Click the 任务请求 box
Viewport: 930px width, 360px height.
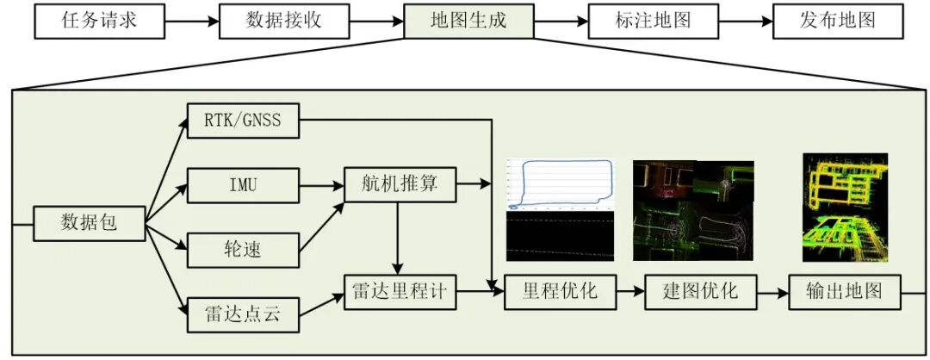tap(99, 22)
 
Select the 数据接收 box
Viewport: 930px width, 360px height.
tap(283, 22)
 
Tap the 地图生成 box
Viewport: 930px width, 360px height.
tap(468, 22)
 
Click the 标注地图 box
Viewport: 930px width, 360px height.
tap(653, 22)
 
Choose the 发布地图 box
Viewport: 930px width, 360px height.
tap(838, 22)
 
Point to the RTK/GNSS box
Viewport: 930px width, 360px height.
tap(243, 121)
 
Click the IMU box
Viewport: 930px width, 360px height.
tap(243, 185)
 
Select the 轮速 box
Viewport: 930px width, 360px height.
tap(243, 250)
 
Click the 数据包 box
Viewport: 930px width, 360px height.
tap(89, 223)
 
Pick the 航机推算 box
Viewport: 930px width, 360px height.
tap(400, 184)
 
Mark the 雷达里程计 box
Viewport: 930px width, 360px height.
tap(400, 292)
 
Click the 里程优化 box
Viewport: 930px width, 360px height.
tap(562, 292)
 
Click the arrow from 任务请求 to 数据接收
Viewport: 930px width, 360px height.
tap(191, 22)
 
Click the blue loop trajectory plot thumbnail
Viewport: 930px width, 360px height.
tap(560, 184)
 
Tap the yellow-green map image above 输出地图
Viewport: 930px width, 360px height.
tap(845, 207)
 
